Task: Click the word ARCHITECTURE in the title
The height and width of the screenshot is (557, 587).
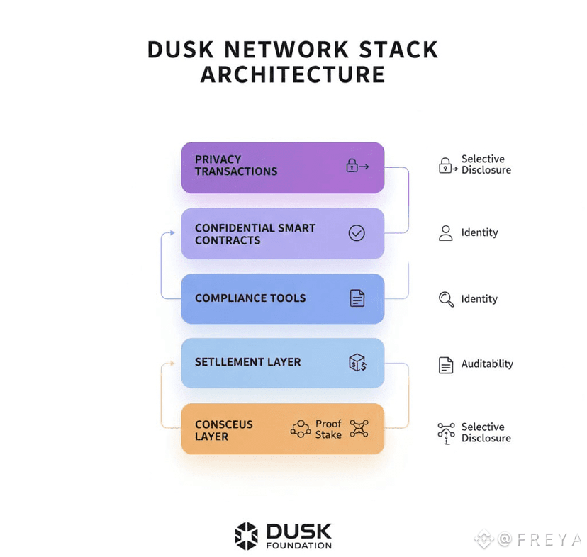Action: (293, 74)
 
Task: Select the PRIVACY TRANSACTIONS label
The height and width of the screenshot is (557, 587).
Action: (236, 165)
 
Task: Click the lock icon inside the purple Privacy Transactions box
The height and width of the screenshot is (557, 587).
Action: (352, 166)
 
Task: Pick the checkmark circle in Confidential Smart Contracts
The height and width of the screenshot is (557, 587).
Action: (357, 232)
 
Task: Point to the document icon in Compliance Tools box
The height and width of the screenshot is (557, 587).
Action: (357, 298)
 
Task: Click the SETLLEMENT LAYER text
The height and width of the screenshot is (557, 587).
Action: (247, 362)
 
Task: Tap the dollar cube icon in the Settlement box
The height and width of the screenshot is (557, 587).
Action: (357, 363)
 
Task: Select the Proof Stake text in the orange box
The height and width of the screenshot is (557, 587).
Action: (328, 429)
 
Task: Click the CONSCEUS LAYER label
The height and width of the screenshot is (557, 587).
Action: (223, 430)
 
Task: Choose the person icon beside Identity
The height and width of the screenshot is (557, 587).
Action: (445, 233)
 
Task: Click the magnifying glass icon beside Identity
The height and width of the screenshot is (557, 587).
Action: (446, 299)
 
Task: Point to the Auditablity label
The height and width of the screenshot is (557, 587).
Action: (487, 364)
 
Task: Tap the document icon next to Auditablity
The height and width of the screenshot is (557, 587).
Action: (446, 365)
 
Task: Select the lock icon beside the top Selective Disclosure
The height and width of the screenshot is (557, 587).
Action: (446, 166)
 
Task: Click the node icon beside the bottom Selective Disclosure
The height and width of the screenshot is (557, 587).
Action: (446, 432)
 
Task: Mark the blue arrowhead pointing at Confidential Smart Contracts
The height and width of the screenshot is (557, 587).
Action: (172, 232)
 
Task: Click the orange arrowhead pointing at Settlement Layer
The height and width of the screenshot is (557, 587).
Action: (172, 364)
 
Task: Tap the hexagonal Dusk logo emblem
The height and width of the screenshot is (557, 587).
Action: (247, 536)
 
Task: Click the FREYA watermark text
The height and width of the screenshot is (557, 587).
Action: (547, 540)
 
